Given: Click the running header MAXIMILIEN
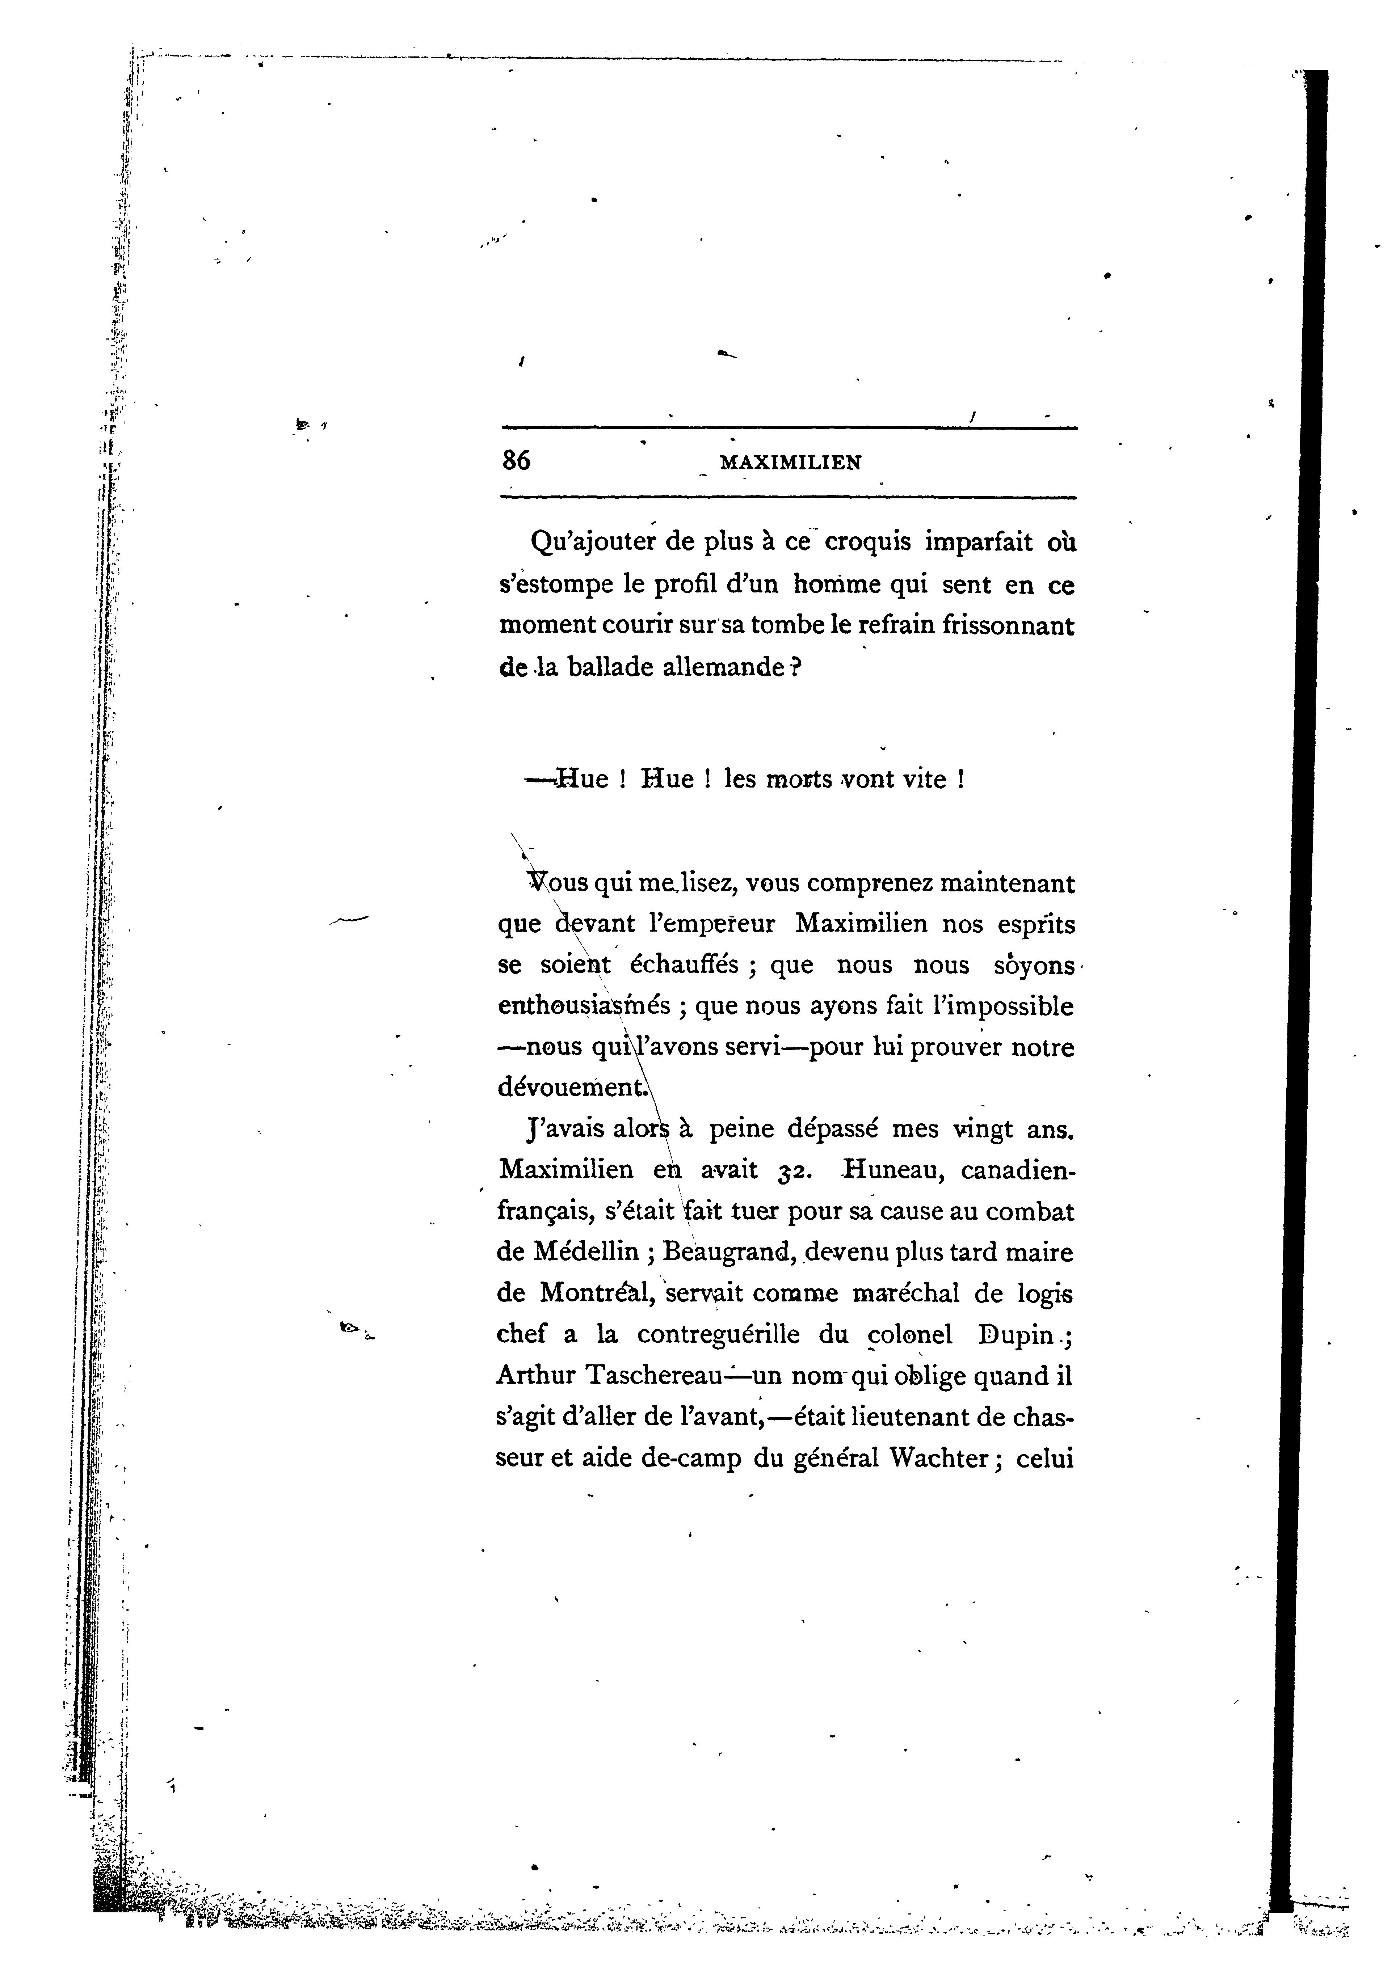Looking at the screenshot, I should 790,462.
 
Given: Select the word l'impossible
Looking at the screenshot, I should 998,1005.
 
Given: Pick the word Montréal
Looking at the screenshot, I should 597,1293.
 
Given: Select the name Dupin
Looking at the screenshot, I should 1016,1334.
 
